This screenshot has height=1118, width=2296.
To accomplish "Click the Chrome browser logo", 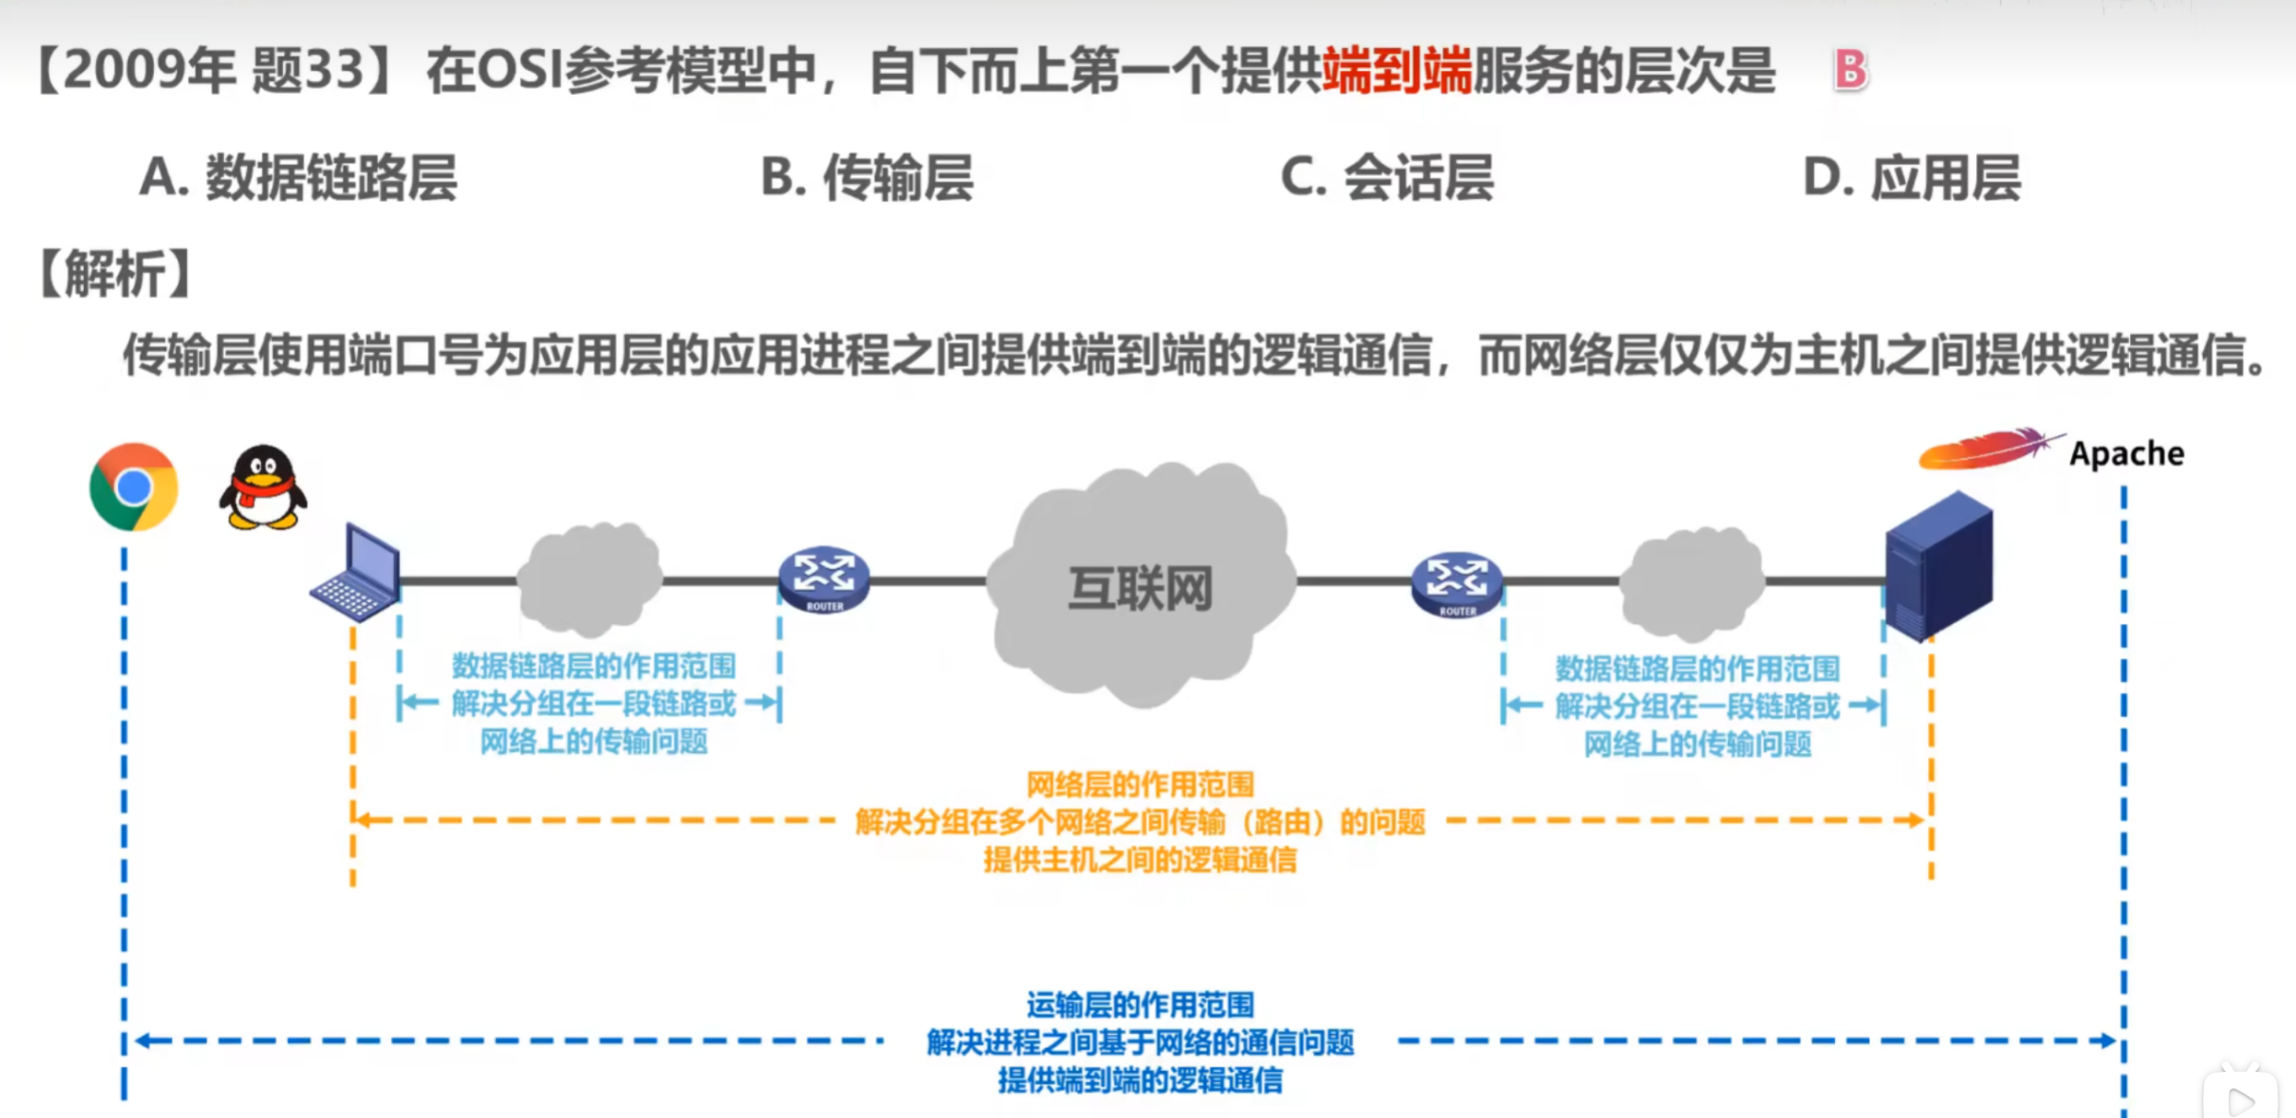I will [x=134, y=487].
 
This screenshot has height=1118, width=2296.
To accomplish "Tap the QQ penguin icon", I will [x=263, y=488].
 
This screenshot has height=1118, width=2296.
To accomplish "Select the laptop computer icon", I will [x=356, y=574].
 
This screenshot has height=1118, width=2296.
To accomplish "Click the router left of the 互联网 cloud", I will [x=823, y=579].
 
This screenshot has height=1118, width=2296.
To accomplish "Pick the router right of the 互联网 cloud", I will [x=1457, y=583].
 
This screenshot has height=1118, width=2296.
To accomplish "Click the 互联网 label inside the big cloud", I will [x=1140, y=588].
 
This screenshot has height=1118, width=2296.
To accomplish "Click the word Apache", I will [x=2126, y=453].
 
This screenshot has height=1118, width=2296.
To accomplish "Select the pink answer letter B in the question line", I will [x=1850, y=70].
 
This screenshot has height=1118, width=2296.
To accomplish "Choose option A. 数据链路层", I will [x=298, y=177].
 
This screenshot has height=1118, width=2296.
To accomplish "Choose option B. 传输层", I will [x=867, y=177].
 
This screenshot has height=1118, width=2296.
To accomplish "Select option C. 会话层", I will [x=1387, y=177].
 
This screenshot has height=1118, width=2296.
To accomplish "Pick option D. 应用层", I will [x=1911, y=177].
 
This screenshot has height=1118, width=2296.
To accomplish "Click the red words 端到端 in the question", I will [x=1396, y=70].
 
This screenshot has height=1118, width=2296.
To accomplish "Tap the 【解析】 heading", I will [x=115, y=274].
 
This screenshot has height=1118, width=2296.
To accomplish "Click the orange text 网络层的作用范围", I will [x=1140, y=784].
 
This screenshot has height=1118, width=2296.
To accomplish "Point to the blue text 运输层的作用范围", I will [x=1140, y=1005].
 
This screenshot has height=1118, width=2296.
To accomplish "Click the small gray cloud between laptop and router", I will [x=590, y=579].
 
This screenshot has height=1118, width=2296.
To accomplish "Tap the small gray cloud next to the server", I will [x=1692, y=583].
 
